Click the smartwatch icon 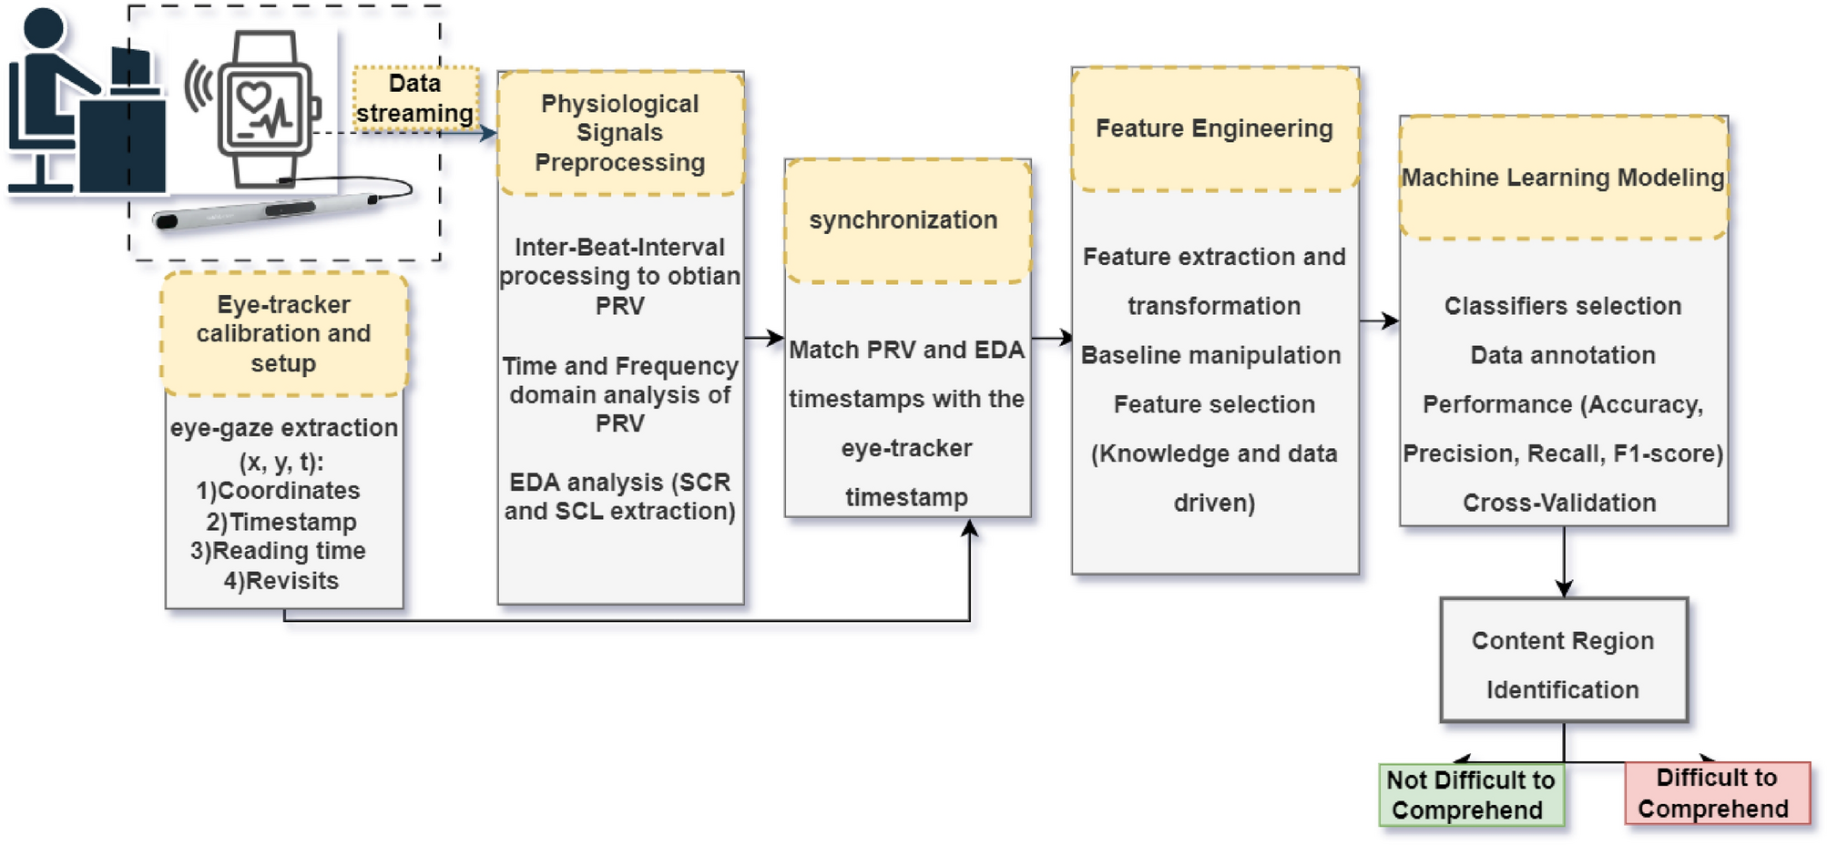click(x=267, y=109)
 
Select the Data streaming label click(x=415, y=98)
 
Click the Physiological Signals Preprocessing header click(x=620, y=133)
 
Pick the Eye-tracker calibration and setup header click(x=284, y=333)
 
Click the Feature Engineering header click(x=1214, y=128)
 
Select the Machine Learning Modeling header click(x=1563, y=178)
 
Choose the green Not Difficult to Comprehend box click(x=1471, y=795)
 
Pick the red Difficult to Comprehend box click(x=1716, y=793)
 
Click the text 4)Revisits click(x=281, y=581)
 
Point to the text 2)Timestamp click(x=281, y=522)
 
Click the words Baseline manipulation click(x=1210, y=355)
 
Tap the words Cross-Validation click(x=1559, y=503)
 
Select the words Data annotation click(x=1563, y=355)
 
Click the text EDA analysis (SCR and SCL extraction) click(x=620, y=496)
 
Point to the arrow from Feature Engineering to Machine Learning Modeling click(x=1379, y=321)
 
